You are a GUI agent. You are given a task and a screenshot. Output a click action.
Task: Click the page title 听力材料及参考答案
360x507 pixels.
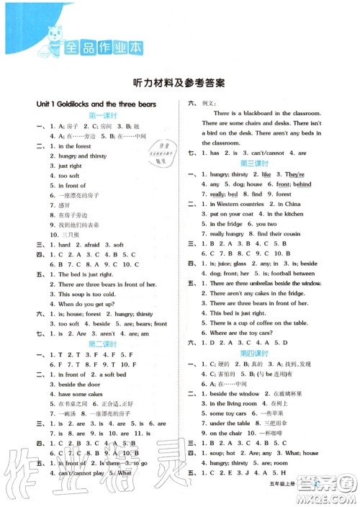click(x=180, y=82)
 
